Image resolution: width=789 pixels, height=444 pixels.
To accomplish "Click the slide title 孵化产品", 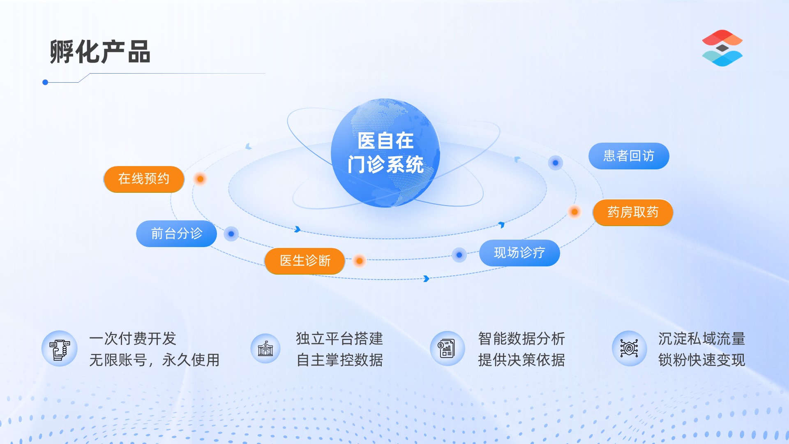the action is (x=100, y=52).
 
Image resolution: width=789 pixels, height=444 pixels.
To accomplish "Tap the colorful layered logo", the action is (x=722, y=48).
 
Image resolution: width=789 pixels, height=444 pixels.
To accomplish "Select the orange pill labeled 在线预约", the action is (x=144, y=179).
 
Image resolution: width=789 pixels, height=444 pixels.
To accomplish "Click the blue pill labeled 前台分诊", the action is (x=177, y=234).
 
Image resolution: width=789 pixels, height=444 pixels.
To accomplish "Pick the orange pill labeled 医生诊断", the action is (x=305, y=261).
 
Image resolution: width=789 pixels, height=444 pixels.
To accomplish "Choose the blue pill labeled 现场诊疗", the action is (x=519, y=252).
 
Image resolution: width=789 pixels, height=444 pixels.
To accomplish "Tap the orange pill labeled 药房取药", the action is (x=633, y=212).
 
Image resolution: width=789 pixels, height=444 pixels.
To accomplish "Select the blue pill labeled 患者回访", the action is (x=629, y=156).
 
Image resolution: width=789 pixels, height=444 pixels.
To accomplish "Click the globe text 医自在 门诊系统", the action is (x=385, y=153).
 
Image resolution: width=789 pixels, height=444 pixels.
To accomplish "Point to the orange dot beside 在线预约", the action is (x=200, y=179).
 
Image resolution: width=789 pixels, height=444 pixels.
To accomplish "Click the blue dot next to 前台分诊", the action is (x=231, y=234).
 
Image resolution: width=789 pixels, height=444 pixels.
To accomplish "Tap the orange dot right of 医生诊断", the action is (x=360, y=261).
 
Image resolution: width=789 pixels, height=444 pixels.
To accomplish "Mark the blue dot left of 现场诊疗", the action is (x=459, y=255).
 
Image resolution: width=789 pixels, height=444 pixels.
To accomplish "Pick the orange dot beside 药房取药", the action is (x=574, y=212).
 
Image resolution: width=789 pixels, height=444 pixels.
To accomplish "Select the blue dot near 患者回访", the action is (x=555, y=163).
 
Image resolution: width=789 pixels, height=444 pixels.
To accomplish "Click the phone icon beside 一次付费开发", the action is (x=60, y=349).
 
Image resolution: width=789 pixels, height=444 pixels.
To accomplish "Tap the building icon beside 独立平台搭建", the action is (x=265, y=349).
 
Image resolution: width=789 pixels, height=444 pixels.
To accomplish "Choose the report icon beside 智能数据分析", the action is (x=447, y=349).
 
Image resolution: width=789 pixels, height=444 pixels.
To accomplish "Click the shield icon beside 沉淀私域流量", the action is (x=629, y=349).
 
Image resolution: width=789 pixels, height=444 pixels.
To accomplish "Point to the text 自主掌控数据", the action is (x=340, y=360).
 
